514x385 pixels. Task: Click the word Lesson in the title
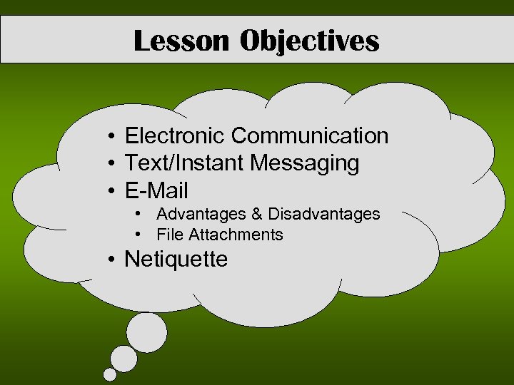pyautogui.click(x=181, y=41)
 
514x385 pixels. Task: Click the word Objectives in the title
pyautogui.click(x=309, y=41)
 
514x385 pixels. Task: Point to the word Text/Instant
pyautogui.click(x=184, y=163)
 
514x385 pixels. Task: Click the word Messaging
pyautogui.click(x=305, y=163)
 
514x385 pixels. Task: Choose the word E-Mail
pyautogui.click(x=156, y=191)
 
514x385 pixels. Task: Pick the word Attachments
pyautogui.click(x=236, y=235)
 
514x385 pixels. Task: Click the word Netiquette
pyautogui.click(x=176, y=259)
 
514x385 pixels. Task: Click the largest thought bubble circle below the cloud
pyautogui.click(x=147, y=333)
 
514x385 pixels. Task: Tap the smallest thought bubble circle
pyautogui.click(x=109, y=374)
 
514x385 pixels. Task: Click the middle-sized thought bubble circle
pyautogui.click(x=124, y=359)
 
